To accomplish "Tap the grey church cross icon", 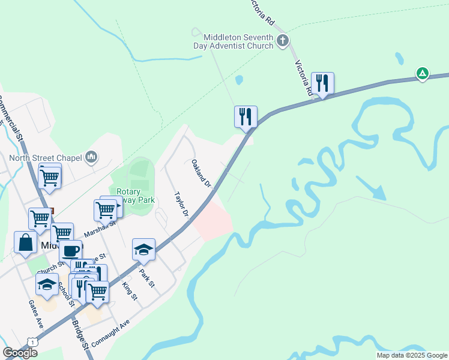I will (283, 41).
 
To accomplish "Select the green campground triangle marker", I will (423, 74).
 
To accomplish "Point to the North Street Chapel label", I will (45, 158).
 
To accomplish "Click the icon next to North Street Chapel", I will (91, 157).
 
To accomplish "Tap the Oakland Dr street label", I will (201, 173).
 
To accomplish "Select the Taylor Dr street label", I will (182, 205).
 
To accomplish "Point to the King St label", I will (130, 291).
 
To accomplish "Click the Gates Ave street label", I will (35, 314).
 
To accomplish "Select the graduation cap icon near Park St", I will (144, 249).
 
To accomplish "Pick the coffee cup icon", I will (70, 250).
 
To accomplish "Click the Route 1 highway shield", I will (31, 341).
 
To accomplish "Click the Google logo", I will (19, 353).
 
